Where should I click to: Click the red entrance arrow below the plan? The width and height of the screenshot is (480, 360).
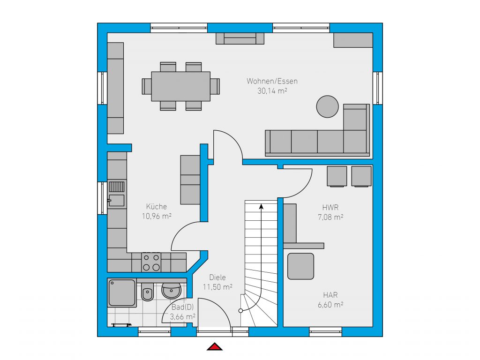point(215,346)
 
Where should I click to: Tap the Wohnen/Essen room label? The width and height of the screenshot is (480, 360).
point(272,81)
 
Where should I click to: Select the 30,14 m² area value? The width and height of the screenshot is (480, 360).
point(272,90)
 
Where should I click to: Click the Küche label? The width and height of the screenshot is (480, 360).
point(157,206)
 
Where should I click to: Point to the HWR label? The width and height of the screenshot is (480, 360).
point(330,207)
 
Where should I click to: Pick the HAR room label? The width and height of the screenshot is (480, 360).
point(330,295)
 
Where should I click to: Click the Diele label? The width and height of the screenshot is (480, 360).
point(217,277)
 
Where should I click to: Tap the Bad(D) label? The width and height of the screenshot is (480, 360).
point(182,307)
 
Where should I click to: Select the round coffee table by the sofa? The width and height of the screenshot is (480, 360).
point(327,106)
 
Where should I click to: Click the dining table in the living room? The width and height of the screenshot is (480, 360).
point(180,86)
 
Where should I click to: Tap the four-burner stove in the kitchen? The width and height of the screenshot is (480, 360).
point(151,262)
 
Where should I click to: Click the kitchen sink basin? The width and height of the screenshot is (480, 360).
point(117,201)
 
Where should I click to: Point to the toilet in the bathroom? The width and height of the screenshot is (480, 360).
point(148,292)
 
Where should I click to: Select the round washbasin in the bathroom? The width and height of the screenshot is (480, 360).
point(172,290)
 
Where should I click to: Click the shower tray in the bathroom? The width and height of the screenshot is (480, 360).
point(122,292)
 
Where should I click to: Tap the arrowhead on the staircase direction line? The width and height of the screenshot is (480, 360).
point(261,207)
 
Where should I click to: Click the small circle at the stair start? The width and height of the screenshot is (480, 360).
point(240,311)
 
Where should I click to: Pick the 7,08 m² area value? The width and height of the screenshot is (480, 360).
point(330,217)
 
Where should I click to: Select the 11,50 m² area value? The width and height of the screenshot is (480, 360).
point(217,287)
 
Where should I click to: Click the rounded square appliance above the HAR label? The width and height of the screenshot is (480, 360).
point(300,266)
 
